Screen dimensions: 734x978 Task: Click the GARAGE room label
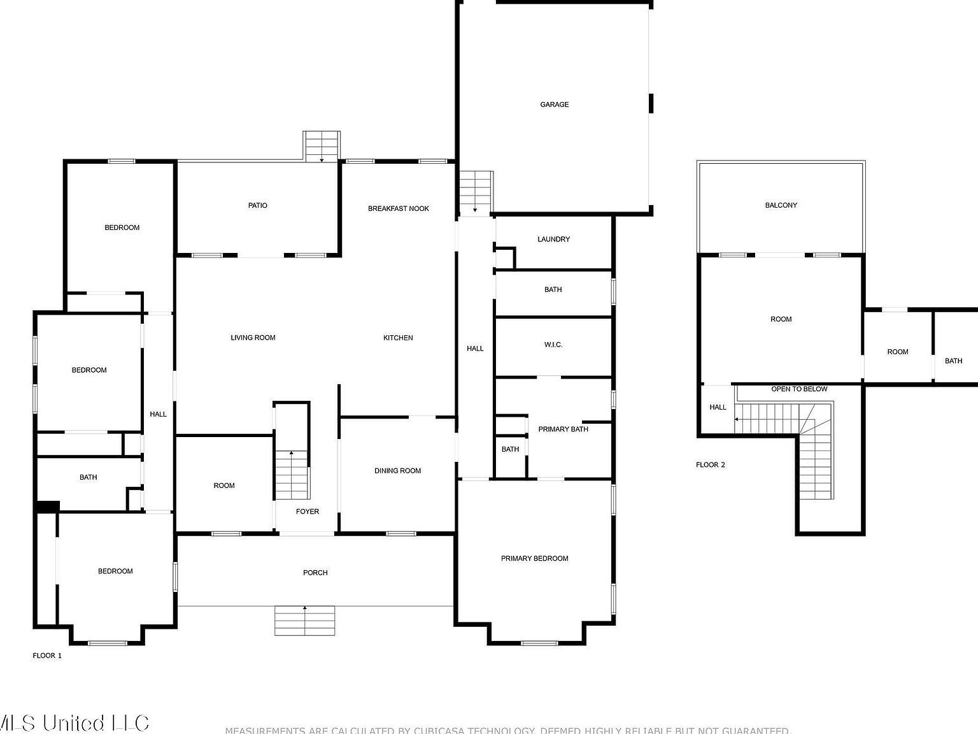click(x=554, y=104)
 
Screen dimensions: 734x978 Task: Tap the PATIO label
click(x=257, y=206)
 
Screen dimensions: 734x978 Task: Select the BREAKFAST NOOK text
click(x=398, y=208)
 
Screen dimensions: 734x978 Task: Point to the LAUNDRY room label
click(x=553, y=240)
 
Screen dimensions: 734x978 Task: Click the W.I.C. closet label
click(x=553, y=345)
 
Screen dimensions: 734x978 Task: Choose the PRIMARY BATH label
click(x=563, y=429)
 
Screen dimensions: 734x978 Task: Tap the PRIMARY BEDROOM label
click(x=534, y=559)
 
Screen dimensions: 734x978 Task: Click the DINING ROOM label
click(x=397, y=471)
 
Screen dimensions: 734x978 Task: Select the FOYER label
click(x=308, y=512)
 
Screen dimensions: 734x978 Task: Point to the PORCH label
click(x=315, y=573)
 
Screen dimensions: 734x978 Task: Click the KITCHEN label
click(x=398, y=338)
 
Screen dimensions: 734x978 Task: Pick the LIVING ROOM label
click(x=253, y=338)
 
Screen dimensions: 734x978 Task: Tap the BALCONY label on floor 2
click(x=781, y=205)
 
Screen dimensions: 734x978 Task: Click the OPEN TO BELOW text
click(x=799, y=389)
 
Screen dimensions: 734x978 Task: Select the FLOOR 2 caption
click(x=710, y=465)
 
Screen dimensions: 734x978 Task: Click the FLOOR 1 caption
click(x=47, y=656)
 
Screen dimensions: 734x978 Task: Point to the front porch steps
click(x=304, y=621)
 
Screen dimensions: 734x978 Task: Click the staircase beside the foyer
click(x=292, y=475)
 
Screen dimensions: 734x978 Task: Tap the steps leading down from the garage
click(x=476, y=192)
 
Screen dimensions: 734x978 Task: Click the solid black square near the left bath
click(x=48, y=507)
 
